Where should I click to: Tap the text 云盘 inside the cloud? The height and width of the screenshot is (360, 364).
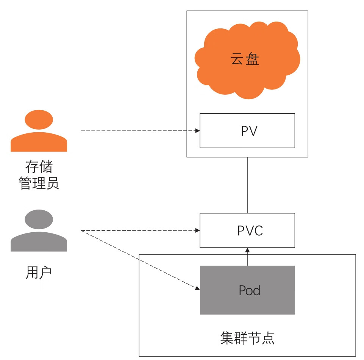click(245, 59)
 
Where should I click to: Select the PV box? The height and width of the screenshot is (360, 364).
click(247, 131)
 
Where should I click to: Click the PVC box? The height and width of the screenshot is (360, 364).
click(247, 230)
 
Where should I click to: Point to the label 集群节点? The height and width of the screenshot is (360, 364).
click(247, 338)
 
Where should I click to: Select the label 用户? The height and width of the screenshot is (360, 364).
click(39, 272)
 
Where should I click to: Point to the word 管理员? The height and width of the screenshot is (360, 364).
click(39, 184)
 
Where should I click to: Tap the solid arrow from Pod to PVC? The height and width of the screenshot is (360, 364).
click(247, 258)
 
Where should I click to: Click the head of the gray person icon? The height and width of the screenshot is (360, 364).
click(39, 219)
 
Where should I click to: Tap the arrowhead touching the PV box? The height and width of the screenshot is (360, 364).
click(197, 131)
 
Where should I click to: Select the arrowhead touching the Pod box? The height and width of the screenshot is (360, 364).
click(197, 289)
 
